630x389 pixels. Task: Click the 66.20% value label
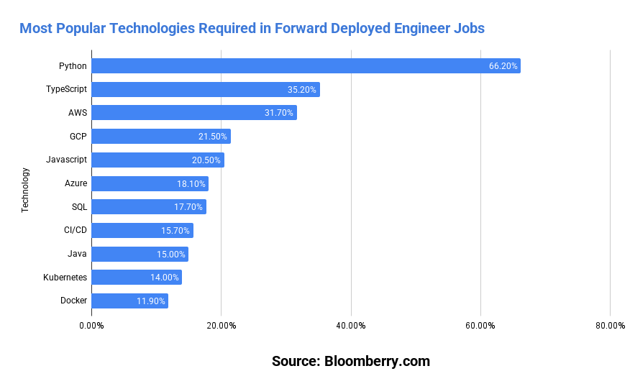click(x=503, y=66)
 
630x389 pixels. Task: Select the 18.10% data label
click(x=191, y=184)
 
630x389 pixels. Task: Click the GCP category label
click(x=78, y=137)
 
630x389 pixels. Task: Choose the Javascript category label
click(x=66, y=160)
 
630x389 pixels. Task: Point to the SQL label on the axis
click(x=79, y=207)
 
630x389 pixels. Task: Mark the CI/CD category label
click(x=76, y=230)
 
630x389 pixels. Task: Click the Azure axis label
click(x=76, y=183)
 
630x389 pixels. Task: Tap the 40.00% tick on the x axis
click(x=351, y=326)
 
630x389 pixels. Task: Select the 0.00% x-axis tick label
click(x=91, y=326)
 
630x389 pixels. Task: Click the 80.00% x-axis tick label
click(x=610, y=326)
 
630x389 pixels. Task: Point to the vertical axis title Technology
click(x=25, y=190)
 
